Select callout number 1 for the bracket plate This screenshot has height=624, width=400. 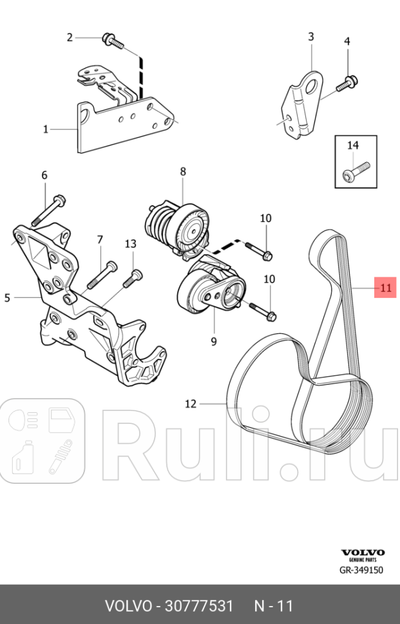pyautogui.click(x=46, y=129)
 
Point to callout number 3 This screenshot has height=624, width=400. pyautogui.click(x=310, y=37)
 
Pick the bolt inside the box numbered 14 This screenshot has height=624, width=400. pyautogui.click(x=354, y=171)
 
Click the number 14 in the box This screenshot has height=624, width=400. pyautogui.click(x=353, y=145)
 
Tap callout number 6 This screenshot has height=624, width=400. pyautogui.click(x=44, y=175)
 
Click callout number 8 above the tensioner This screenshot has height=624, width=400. pyautogui.click(x=183, y=172)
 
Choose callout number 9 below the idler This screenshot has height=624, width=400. pyautogui.click(x=213, y=342)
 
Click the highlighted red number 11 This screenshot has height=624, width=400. pyautogui.click(x=385, y=288)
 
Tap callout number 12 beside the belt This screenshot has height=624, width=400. pyautogui.click(x=190, y=404)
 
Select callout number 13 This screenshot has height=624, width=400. pyautogui.click(x=131, y=244)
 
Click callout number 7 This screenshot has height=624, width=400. pyautogui.click(x=100, y=240)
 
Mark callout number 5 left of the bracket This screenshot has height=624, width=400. pyautogui.click(x=8, y=298)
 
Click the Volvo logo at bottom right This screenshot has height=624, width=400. pyautogui.click(x=362, y=553)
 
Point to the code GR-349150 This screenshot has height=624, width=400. pyautogui.click(x=361, y=570)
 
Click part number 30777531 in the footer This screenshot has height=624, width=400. pyautogui.click(x=198, y=606)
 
